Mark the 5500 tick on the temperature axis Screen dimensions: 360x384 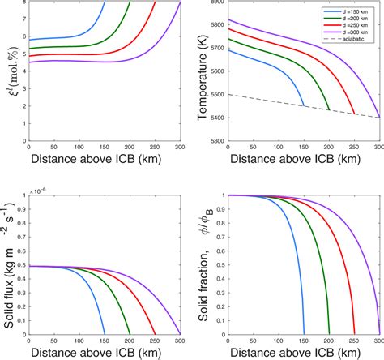click(217, 95)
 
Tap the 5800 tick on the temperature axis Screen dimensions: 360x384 click(217, 25)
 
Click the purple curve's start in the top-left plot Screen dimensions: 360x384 click(29, 61)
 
